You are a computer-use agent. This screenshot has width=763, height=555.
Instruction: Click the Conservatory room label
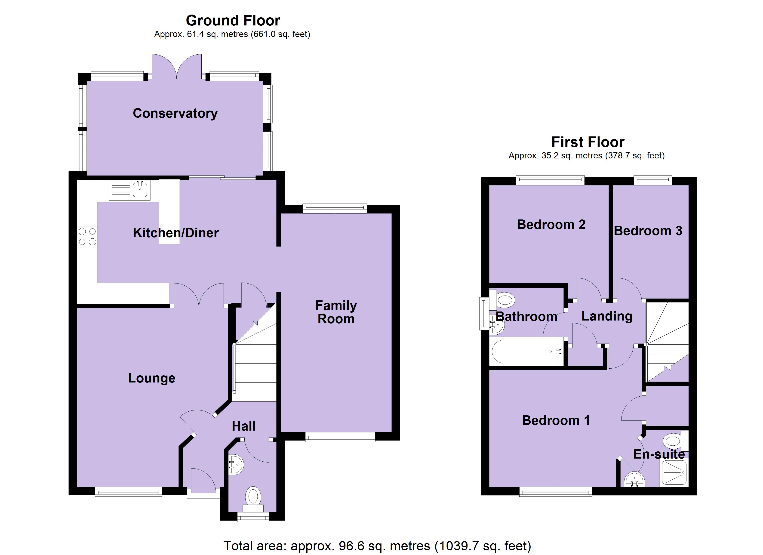tap(175, 113)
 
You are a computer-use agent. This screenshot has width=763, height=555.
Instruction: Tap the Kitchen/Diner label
tap(176, 233)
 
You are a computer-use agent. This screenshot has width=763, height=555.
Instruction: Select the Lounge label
tap(152, 378)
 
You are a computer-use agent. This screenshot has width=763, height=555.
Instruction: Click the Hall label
tap(243, 426)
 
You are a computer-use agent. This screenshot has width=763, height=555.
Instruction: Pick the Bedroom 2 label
tap(551, 225)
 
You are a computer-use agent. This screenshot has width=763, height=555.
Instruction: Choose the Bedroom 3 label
tap(648, 231)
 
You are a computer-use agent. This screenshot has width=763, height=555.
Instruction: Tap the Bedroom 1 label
tap(556, 420)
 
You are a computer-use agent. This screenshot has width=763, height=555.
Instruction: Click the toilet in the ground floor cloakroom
tap(253, 497)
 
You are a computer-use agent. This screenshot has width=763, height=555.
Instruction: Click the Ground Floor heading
tap(233, 21)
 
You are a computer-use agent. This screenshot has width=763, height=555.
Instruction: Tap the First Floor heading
tap(588, 142)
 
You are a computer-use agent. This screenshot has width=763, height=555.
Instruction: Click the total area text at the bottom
tap(377, 546)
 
